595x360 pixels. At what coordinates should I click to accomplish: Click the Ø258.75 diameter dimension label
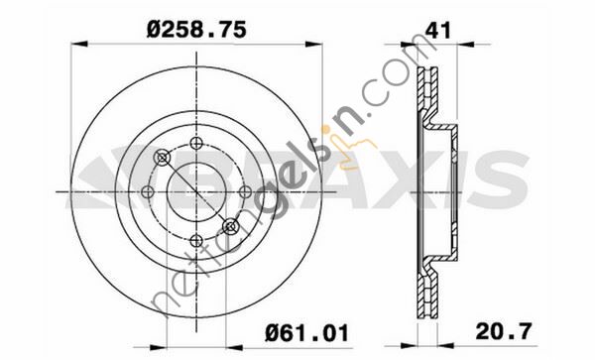pos(196,30)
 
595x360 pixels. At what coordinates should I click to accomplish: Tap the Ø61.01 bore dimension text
pos(306,334)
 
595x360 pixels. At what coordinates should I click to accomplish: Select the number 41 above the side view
pos(438,30)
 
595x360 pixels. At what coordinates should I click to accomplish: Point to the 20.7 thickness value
pos(504,331)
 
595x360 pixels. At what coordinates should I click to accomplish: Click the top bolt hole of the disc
pos(196,144)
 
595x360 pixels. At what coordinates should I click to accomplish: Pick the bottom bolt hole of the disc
pos(196,241)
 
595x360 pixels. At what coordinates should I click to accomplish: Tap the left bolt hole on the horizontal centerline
pos(148,192)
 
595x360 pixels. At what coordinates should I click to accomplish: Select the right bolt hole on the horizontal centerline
pos(245,192)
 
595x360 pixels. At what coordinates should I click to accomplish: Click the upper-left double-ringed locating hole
pos(163,157)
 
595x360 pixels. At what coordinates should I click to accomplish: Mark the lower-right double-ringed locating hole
pos(230,226)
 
